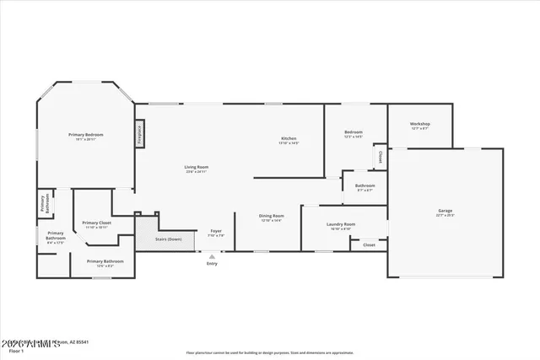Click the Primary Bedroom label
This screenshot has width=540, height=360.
(86, 135)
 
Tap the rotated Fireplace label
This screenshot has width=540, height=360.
(140, 133)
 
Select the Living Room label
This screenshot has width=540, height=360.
(197, 168)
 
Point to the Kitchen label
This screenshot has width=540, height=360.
(289, 138)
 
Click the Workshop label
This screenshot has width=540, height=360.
(420, 125)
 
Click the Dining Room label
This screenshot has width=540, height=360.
(272, 216)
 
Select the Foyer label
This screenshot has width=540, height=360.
(216, 231)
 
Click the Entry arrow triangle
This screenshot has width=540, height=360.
(212, 256)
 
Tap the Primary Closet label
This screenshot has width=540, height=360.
(96, 223)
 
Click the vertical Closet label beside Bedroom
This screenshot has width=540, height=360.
(380, 157)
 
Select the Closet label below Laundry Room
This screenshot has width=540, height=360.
(369, 244)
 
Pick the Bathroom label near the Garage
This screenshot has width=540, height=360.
(364, 185)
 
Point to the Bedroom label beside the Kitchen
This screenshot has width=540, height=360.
(354, 132)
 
